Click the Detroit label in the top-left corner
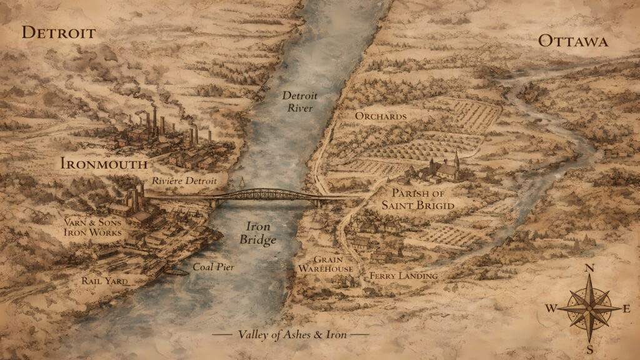59,32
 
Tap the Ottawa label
572,41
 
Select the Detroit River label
301,102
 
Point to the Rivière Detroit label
184,181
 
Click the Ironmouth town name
104,164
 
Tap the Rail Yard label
104,281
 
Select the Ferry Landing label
403,275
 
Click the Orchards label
381,116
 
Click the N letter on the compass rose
589,269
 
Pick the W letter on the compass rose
551,307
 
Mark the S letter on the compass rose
589,347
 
